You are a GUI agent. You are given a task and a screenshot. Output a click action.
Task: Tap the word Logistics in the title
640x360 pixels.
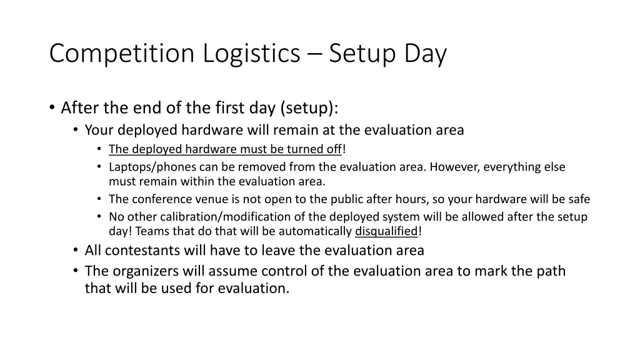pos(251,54)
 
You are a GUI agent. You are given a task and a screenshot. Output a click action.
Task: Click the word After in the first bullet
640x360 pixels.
pos(77,108)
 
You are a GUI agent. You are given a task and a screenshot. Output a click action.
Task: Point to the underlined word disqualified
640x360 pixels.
pos(386,231)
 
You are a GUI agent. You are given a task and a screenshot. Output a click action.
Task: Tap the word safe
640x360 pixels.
pos(577,199)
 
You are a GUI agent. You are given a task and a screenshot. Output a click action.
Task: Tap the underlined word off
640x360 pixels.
pos(334,149)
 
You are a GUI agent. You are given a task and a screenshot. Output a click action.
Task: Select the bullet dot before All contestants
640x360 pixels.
pos(76,251)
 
